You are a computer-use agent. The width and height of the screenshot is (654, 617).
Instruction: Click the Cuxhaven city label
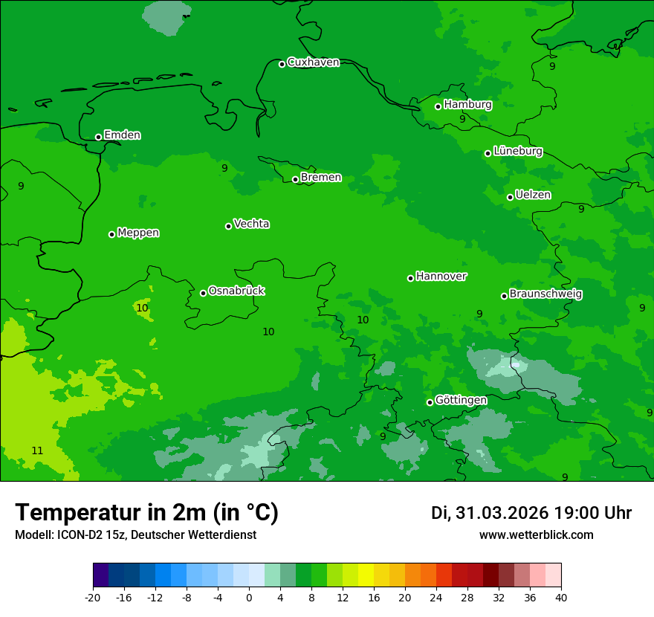tap(313, 62)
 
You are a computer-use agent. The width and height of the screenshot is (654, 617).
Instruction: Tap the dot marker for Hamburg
tap(438, 106)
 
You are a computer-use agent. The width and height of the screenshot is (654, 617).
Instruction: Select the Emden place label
tap(122, 135)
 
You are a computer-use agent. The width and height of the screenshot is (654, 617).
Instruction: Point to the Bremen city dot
tap(295, 179)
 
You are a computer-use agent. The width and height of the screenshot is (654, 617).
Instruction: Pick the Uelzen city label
tap(533, 195)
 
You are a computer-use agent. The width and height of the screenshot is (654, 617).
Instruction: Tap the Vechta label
tap(251, 224)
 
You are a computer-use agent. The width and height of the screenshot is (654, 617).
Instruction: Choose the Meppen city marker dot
tap(111, 234)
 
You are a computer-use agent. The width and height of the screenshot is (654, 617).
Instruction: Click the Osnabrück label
tap(236, 291)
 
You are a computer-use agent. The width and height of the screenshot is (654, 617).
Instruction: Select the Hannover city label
tap(441, 277)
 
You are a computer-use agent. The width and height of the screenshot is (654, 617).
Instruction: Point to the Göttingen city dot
tap(430, 402)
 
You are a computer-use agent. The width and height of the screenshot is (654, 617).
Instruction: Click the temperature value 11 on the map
tap(37, 450)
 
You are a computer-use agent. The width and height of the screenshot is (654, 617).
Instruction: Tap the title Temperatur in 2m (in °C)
tap(146, 513)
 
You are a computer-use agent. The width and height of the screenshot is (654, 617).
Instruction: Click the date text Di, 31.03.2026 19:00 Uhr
tap(531, 513)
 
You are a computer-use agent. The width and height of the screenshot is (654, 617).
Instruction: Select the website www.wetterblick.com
tap(537, 535)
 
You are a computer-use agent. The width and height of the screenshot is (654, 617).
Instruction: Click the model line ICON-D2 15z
tap(135, 535)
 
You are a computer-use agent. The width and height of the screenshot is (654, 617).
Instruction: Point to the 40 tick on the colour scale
tap(561, 597)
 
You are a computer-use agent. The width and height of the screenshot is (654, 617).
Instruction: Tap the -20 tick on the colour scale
tap(93, 597)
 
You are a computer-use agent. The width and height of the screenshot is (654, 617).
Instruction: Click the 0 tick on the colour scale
tap(249, 597)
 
